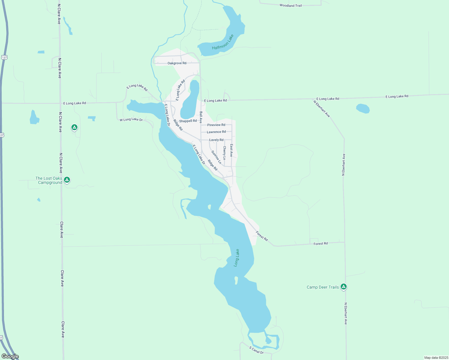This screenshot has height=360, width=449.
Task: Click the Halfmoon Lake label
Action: (223, 42)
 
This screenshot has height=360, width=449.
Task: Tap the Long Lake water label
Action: (237, 258)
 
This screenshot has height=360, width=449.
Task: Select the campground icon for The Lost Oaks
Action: (67, 180)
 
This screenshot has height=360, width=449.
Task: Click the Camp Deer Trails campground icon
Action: (344, 286)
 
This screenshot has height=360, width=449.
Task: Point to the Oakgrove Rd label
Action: (177, 63)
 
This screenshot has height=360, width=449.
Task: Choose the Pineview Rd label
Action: (216, 125)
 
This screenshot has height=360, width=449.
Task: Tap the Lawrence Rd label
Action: (216, 132)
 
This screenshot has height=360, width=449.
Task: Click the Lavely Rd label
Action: (216, 140)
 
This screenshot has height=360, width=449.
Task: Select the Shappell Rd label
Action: (188, 121)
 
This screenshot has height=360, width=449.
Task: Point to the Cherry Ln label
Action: (224, 153)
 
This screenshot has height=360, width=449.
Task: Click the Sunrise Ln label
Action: (216, 157)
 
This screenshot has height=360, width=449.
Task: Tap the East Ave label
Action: (231, 150)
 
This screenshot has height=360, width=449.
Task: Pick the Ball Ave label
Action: (201, 117)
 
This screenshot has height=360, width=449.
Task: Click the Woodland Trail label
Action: (291, 5)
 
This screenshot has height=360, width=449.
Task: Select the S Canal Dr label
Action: (256, 350)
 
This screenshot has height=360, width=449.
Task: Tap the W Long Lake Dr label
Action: (131, 119)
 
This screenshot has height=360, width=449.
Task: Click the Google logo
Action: (10, 356)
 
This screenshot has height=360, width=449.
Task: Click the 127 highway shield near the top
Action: (4, 57)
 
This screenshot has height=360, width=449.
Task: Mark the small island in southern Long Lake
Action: (236, 280)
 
